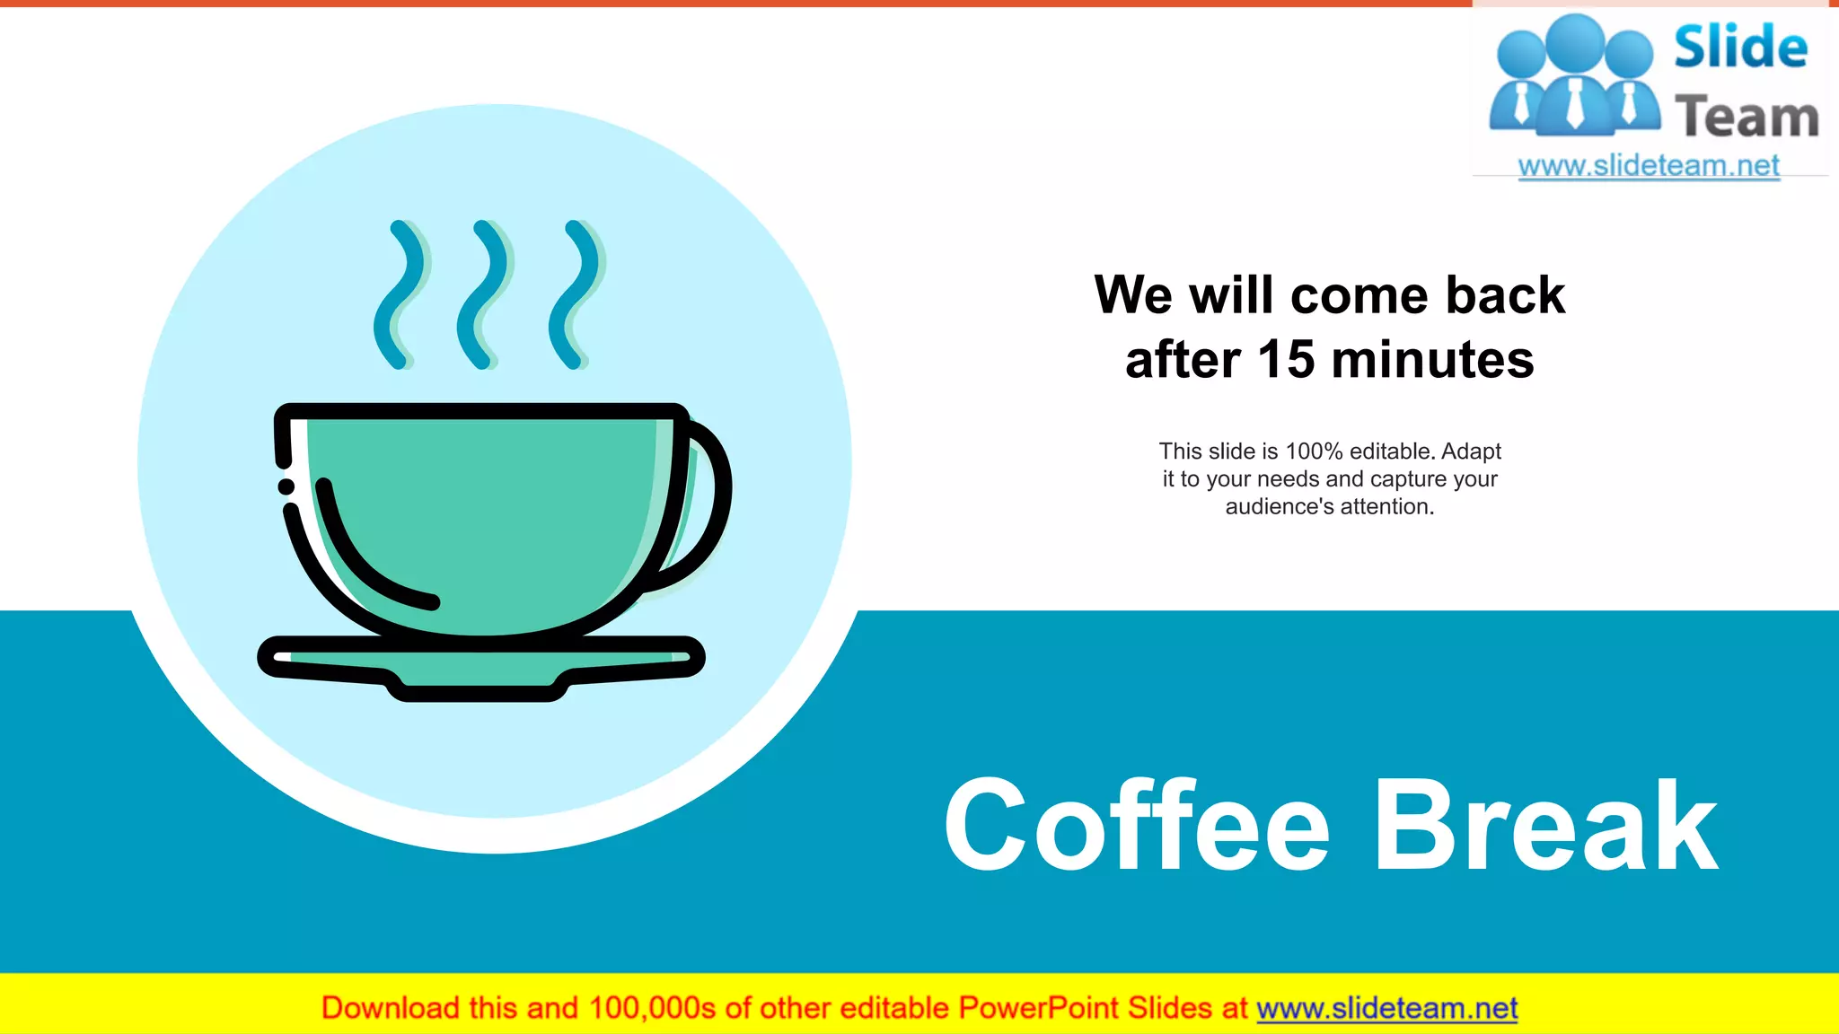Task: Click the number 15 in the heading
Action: click(x=1287, y=360)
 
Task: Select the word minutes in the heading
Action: click(x=1433, y=360)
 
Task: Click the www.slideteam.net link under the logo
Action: click(x=1649, y=165)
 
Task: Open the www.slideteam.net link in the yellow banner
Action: click(x=1386, y=1008)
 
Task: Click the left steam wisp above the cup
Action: click(x=399, y=294)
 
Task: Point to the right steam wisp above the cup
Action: click(x=574, y=294)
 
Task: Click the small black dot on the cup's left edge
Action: click(x=286, y=486)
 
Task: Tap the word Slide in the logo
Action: click(x=1740, y=48)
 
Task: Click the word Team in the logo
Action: click(x=1747, y=118)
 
